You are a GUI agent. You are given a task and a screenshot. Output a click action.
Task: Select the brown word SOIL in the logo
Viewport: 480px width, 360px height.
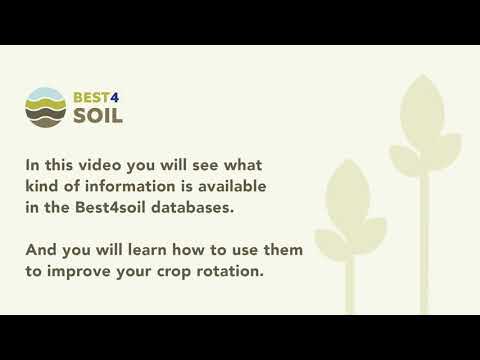coord(99,117)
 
